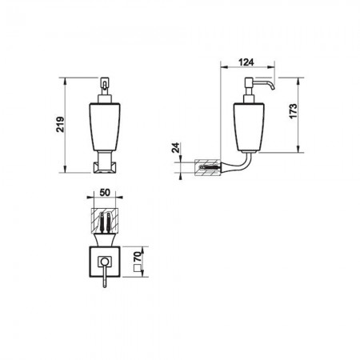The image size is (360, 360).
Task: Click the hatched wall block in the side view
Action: [x=208, y=170]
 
